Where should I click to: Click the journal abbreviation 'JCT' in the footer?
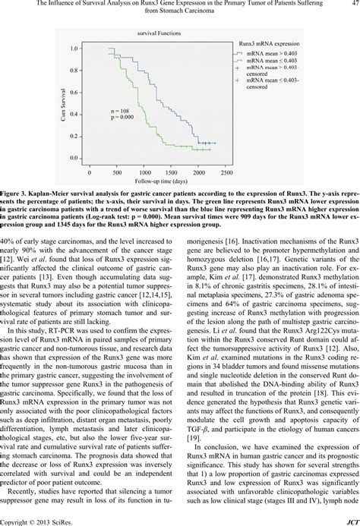click(349, 521)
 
